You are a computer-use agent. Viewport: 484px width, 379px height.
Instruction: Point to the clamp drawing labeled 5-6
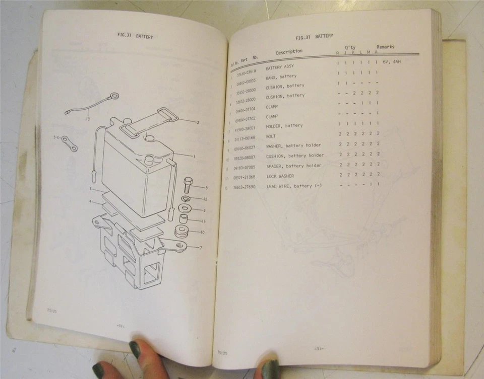click(69, 143)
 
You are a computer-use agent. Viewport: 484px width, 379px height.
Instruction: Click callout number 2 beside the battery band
click(198, 122)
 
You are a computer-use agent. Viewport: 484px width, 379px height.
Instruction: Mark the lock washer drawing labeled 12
click(185, 198)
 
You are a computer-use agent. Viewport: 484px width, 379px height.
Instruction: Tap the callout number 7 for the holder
click(201, 248)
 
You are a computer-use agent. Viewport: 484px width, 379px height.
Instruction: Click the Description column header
click(289, 51)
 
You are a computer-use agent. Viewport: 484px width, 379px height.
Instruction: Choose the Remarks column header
click(385, 47)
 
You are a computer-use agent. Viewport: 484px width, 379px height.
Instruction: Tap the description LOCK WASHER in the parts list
click(280, 176)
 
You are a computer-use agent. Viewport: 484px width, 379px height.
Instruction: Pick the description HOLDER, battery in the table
click(284, 125)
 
